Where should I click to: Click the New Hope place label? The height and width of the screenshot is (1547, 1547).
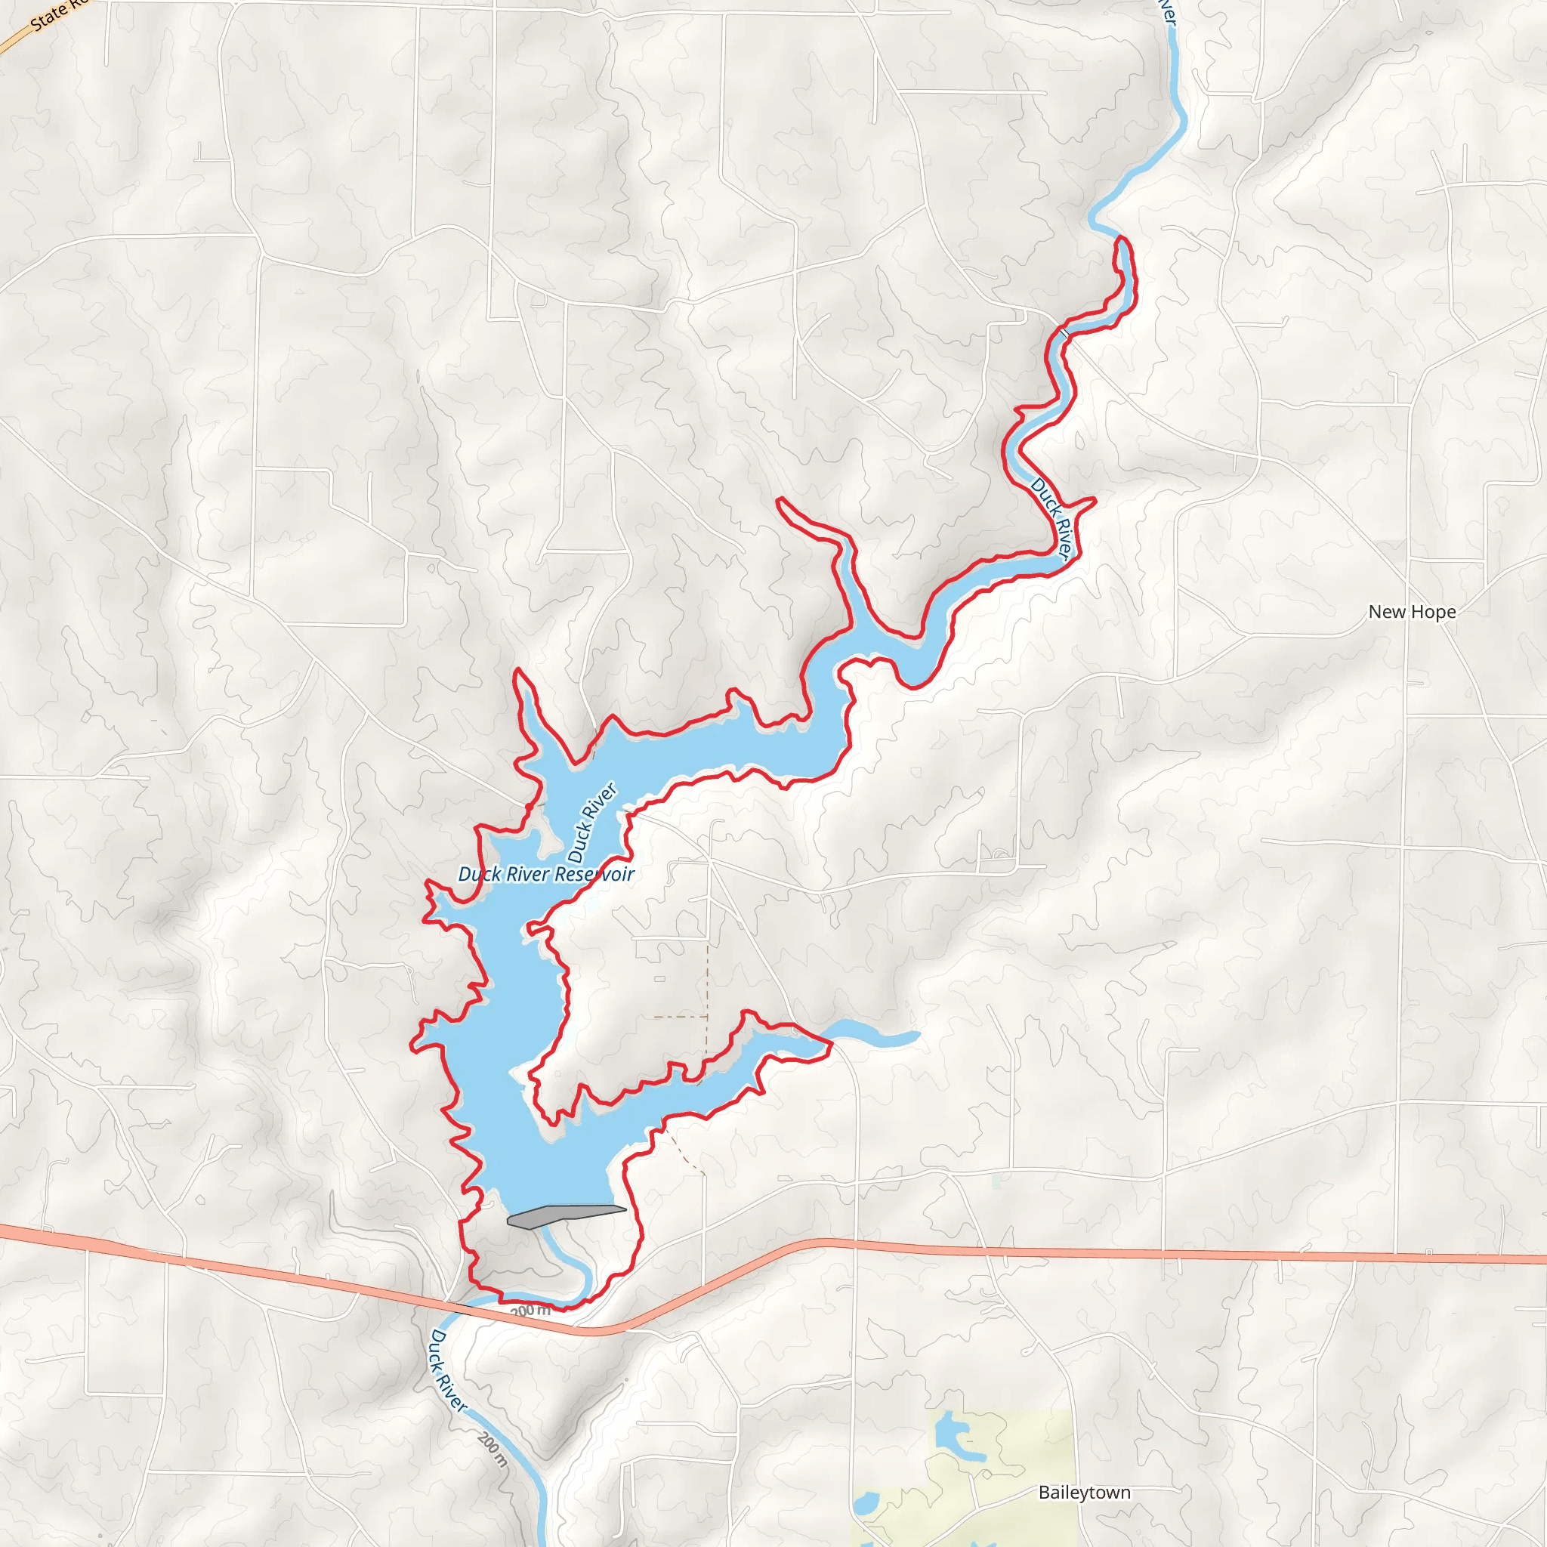point(1412,612)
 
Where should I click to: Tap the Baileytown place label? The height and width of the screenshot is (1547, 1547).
point(1084,1493)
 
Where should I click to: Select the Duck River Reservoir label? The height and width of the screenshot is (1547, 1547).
point(546,875)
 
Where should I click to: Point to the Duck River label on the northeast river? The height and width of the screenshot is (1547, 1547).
point(1051,517)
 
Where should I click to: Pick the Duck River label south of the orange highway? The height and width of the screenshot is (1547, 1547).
point(448,1370)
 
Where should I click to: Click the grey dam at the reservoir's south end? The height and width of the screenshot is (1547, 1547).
point(564,1215)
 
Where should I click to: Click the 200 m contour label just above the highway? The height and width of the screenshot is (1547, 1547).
point(531,1311)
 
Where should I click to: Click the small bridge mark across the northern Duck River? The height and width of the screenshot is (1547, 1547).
point(1064,330)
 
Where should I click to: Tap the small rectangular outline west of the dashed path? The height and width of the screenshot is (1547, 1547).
point(659,978)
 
